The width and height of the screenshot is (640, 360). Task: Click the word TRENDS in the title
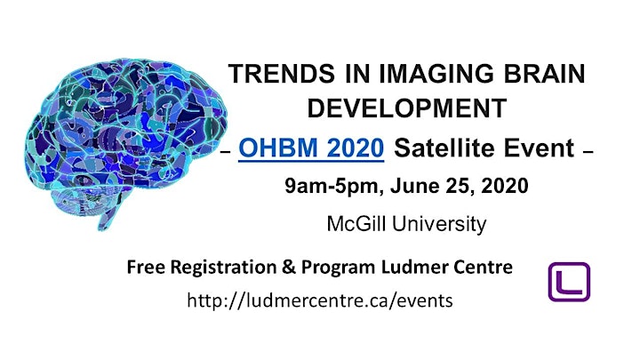point(281,74)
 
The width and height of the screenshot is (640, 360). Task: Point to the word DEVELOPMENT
point(406,108)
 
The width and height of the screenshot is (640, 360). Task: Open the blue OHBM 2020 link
point(311,148)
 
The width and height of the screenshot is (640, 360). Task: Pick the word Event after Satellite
point(539,148)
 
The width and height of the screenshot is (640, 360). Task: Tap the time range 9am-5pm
point(334,186)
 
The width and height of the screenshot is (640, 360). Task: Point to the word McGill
point(357,224)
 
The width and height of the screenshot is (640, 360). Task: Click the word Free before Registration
point(146,268)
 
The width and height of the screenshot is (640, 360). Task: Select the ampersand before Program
point(289,268)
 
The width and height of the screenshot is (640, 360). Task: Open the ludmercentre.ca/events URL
point(320,300)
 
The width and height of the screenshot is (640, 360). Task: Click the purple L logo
point(569,282)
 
